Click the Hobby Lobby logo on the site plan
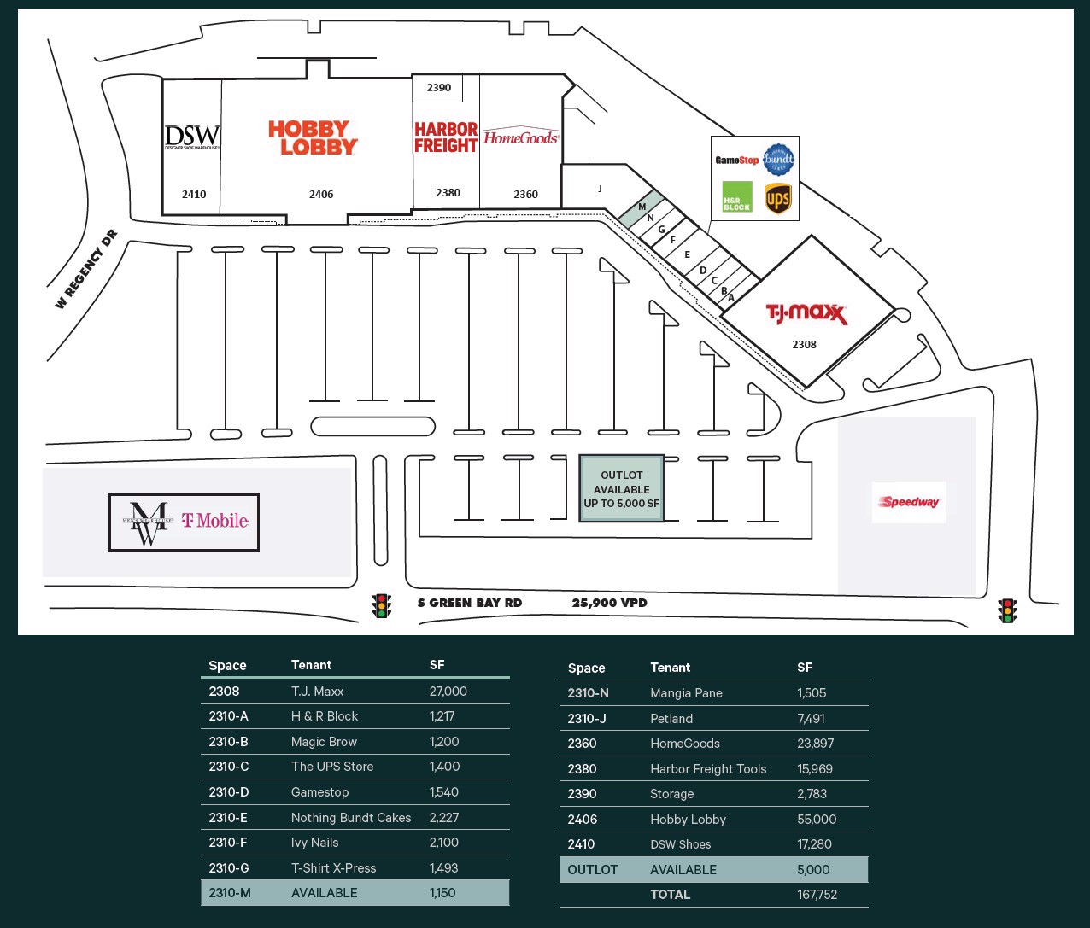313,137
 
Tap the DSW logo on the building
192,137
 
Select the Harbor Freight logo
445,137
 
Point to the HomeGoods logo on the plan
521,137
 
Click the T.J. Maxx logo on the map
806,314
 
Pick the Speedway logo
910,502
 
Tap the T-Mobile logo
214,521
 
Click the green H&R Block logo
737,196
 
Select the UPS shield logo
778,199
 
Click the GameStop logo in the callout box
736,160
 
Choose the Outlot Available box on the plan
621,489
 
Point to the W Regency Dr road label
86,269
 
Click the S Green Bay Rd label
469,603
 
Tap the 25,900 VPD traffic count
609,603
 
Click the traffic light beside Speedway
1008,610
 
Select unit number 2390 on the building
438,88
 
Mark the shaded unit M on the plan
642,207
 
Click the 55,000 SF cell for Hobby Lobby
817,820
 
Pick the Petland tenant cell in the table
671,719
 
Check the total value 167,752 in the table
817,895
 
